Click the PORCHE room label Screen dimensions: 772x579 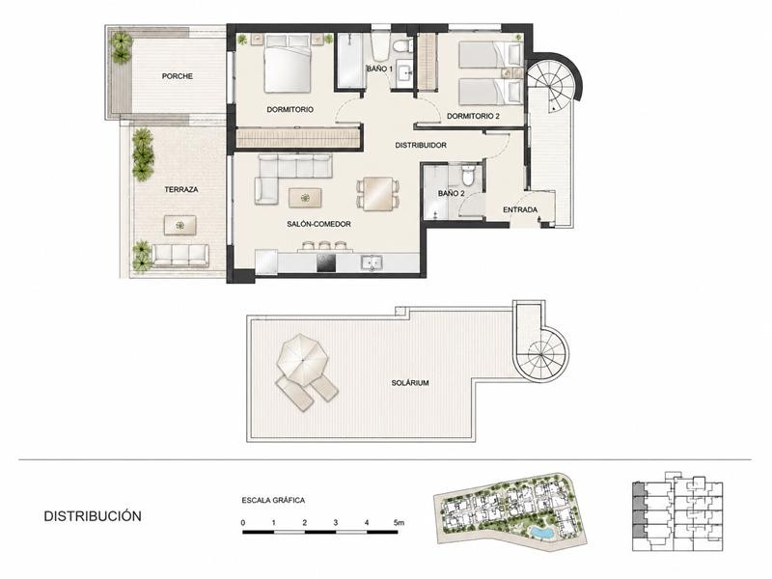click(178, 76)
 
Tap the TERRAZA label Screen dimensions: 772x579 click(181, 189)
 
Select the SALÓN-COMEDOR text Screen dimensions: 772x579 click(319, 224)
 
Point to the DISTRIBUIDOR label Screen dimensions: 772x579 click(421, 146)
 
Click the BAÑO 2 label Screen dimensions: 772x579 click(452, 194)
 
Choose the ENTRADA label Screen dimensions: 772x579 click(520, 209)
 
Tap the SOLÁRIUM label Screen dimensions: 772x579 click(410, 382)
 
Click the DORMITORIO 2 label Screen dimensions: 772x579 click(473, 116)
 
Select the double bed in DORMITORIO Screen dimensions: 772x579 click(288, 64)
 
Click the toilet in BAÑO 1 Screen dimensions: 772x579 click(402, 45)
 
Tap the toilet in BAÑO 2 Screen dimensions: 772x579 click(468, 175)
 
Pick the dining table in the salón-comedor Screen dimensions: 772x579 click(378, 194)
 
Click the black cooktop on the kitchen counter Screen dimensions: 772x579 click(326, 262)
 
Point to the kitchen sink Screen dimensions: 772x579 click(372, 262)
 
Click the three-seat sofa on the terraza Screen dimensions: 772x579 click(179, 256)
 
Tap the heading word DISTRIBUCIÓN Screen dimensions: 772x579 click(93, 516)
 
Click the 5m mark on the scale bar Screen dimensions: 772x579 click(399, 523)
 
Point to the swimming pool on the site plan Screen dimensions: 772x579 click(540, 533)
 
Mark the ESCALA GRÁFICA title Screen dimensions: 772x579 click(273, 500)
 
